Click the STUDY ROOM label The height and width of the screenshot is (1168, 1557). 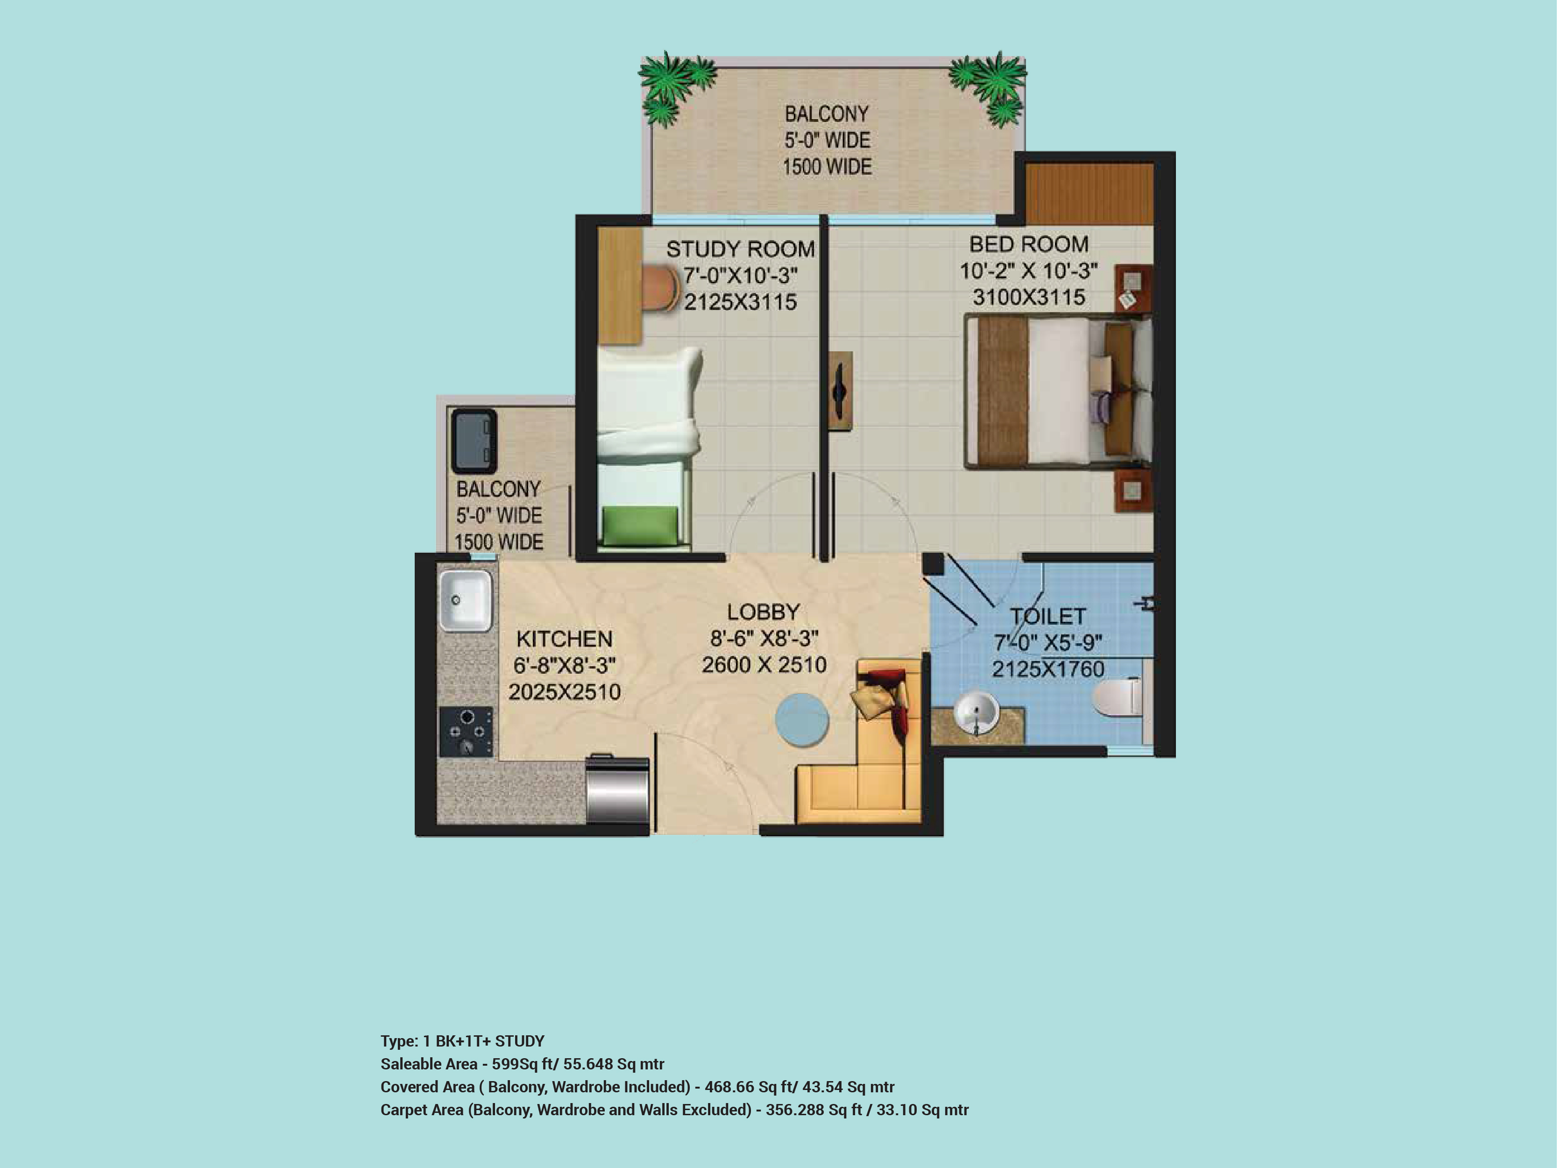click(x=741, y=249)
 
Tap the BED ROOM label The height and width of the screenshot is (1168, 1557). click(x=1028, y=244)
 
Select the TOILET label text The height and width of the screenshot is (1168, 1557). click(x=1048, y=617)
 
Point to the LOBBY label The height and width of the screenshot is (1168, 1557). click(x=764, y=612)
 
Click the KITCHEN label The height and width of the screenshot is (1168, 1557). click(x=565, y=639)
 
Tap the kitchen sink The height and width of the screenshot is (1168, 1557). click(x=465, y=600)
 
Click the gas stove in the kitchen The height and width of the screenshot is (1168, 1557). click(x=466, y=732)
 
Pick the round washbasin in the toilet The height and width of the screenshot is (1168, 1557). click(x=977, y=712)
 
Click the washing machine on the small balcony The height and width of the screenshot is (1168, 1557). click(x=474, y=441)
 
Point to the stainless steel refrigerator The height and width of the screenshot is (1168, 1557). click(x=617, y=789)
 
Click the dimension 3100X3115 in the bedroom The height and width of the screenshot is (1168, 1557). click(x=1028, y=297)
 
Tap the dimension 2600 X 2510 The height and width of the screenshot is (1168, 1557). click(x=764, y=665)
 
